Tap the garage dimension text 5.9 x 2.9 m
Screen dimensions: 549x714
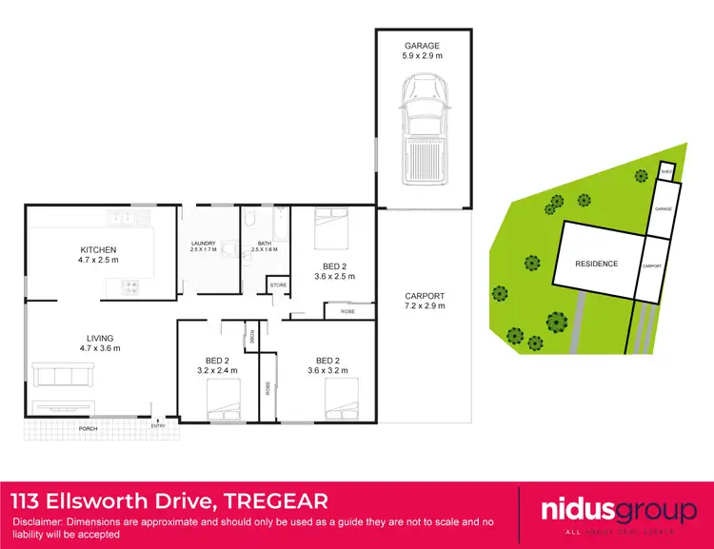pos(423,56)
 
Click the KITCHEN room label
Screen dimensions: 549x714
pos(98,250)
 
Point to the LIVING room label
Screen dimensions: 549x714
pos(98,338)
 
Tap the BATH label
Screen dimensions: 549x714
pos(266,244)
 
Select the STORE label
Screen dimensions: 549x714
pos(278,284)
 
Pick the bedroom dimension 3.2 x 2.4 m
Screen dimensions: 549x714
pos(215,371)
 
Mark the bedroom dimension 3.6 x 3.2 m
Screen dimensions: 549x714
pos(327,371)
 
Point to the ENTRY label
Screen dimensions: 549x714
pos(157,425)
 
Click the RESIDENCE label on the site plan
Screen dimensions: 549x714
pos(596,264)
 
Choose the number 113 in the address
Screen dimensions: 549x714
pos(29,500)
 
